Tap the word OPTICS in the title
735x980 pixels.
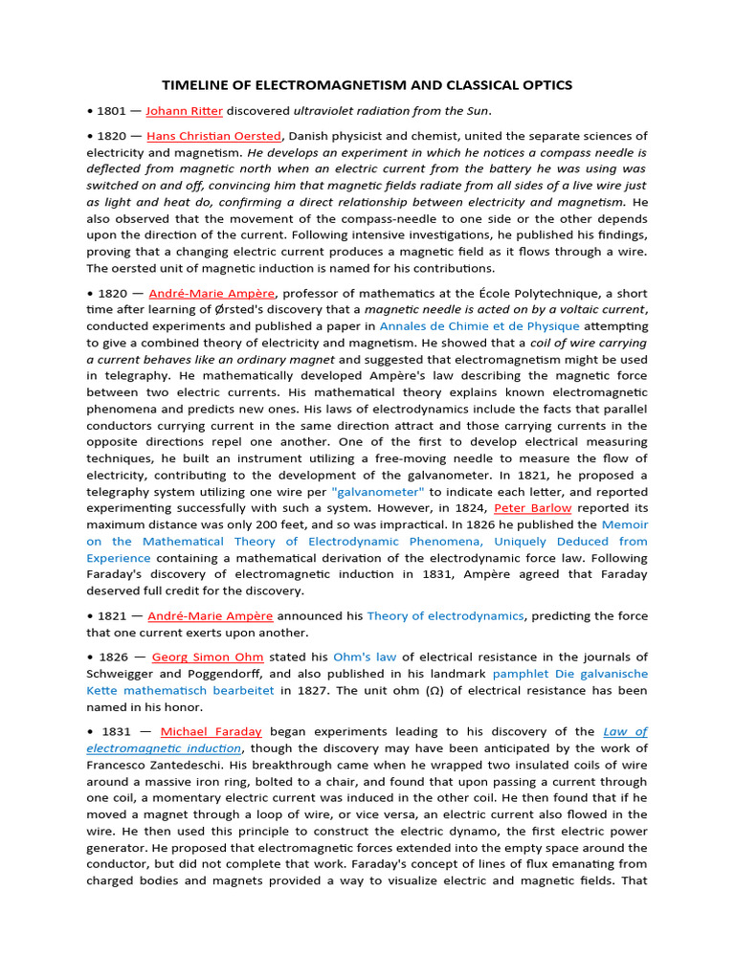(x=544, y=85)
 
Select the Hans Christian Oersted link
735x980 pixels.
(x=214, y=136)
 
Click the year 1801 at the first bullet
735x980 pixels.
(x=113, y=111)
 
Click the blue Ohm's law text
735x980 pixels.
(x=363, y=657)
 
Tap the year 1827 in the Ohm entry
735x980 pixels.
(x=298, y=689)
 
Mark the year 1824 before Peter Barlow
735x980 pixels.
(x=475, y=507)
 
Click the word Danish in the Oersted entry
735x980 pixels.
(x=314, y=136)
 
